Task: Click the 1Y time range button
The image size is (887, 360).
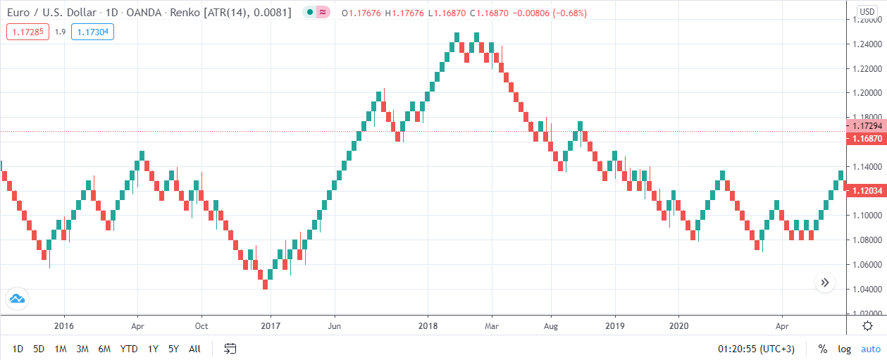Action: (152, 349)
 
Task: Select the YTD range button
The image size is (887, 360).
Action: (129, 349)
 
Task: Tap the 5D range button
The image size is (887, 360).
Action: (39, 349)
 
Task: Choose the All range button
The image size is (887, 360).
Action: (195, 349)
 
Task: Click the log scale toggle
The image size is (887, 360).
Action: (844, 349)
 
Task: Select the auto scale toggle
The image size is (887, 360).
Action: (870, 349)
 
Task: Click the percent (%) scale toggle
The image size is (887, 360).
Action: (822, 349)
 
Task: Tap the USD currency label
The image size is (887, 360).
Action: (867, 12)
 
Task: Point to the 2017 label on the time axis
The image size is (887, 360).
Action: (271, 326)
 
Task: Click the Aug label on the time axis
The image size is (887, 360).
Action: (551, 326)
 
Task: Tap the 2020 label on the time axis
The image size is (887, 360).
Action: (678, 326)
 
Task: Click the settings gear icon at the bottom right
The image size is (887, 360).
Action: (868, 325)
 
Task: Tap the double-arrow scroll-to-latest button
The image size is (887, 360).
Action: (825, 283)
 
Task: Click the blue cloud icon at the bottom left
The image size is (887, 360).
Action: (17, 299)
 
